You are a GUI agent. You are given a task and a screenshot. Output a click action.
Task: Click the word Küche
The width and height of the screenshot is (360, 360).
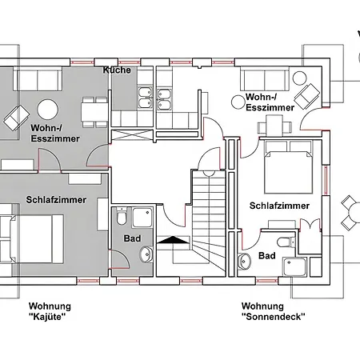(x=117, y=71)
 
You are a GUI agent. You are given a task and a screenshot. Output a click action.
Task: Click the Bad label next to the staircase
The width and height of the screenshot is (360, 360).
(x=132, y=238)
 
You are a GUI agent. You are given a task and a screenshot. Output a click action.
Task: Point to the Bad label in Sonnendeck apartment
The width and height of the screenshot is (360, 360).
(x=267, y=256)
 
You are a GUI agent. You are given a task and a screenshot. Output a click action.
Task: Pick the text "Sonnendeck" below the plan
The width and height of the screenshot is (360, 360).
(x=273, y=317)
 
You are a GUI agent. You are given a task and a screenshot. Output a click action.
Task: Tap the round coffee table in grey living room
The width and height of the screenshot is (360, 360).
(x=47, y=109)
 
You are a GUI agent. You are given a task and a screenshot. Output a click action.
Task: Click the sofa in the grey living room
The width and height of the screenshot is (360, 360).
(x=36, y=80)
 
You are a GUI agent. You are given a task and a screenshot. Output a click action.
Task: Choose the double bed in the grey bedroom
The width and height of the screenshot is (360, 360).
(x=28, y=237)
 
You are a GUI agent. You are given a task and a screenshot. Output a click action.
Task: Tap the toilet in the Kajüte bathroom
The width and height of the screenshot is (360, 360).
(x=121, y=217)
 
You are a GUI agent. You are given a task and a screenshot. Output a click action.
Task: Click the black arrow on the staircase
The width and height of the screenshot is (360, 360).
(x=172, y=241)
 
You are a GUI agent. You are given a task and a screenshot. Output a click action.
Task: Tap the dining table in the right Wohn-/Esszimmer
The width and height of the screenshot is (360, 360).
(x=276, y=124)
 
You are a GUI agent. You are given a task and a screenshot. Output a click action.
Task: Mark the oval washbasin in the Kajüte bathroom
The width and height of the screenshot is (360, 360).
(x=145, y=254)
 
